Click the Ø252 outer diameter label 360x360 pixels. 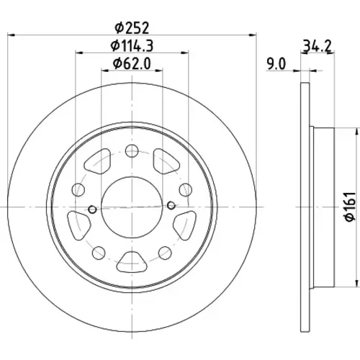coord(132,28)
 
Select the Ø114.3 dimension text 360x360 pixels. coord(132,45)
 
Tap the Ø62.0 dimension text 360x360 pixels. coord(132,63)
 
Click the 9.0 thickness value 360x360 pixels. coord(276,64)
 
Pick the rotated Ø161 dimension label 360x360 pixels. coord(349,207)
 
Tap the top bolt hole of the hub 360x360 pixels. coord(132,150)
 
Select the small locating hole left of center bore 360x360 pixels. coord(92,210)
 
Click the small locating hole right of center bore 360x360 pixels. coord(171,205)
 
